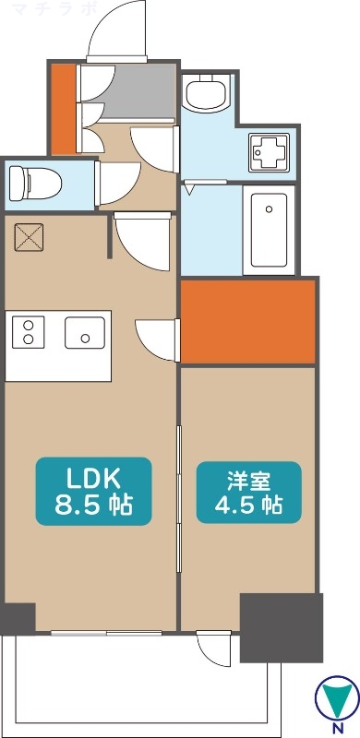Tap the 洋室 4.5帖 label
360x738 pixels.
pyautogui.click(x=248, y=493)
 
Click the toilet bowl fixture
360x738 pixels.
pyautogui.click(x=34, y=181)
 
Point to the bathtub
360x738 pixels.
pyautogui.click(x=269, y=229)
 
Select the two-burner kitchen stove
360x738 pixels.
pyautogui.click(x=28, y=332)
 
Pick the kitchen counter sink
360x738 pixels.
pyautogui.click(x=85, y=332)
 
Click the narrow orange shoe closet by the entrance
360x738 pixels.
pyautogui.click(x=62, y=109)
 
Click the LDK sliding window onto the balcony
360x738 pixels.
pyautogui.click(x=106, y=633)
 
